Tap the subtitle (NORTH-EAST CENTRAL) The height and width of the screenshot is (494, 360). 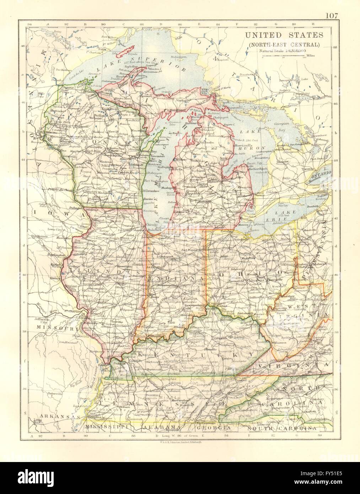[x=284, y=44]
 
